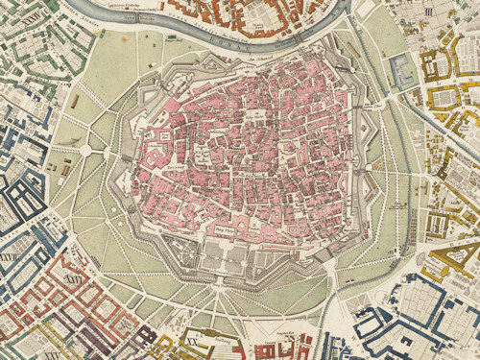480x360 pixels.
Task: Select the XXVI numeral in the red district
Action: [x=71, y=278]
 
